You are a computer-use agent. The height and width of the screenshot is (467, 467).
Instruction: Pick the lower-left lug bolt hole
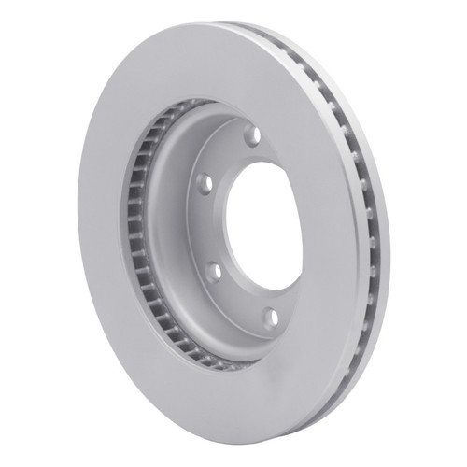tap(213, 271)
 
